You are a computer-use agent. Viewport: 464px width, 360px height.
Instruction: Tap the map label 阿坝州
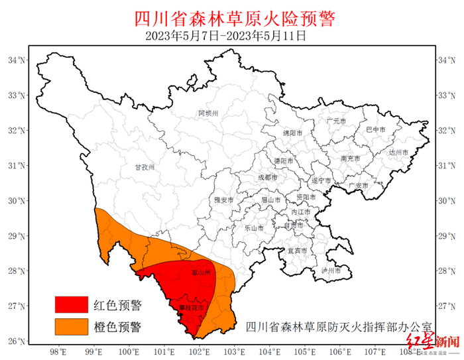(208, 113)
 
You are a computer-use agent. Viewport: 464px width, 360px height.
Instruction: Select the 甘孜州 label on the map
(144, 168)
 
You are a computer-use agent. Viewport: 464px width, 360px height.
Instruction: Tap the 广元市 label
(336, 121)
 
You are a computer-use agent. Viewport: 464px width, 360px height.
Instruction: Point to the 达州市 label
(399, 152)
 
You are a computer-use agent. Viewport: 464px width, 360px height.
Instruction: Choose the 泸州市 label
(330, 270)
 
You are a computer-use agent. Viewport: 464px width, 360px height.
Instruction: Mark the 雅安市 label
(224, 200)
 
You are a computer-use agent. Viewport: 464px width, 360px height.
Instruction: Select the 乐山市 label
(254, 227)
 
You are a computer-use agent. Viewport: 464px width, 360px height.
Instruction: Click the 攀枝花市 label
(190, 308)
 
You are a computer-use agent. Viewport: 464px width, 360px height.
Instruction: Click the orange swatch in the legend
(71, 326)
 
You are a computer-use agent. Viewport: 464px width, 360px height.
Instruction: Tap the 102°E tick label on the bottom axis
(200, 351)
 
